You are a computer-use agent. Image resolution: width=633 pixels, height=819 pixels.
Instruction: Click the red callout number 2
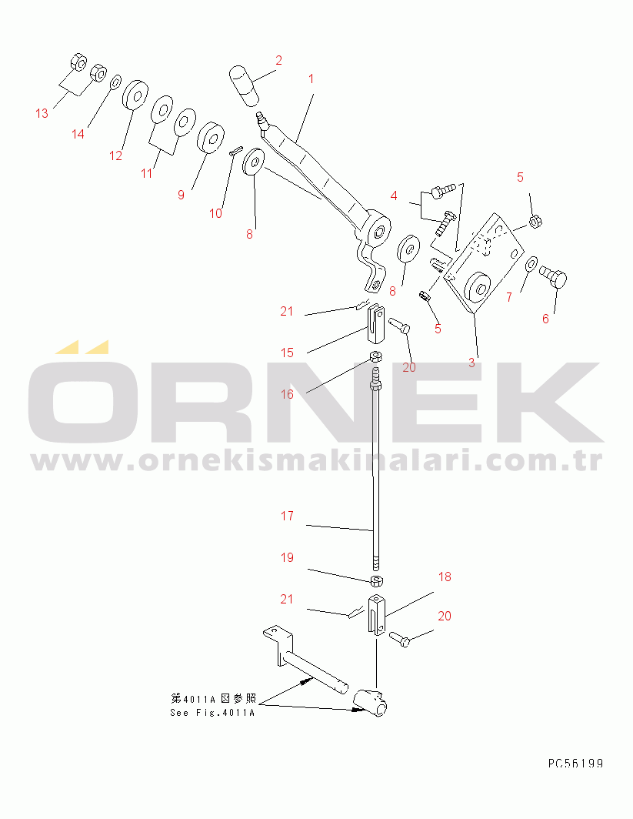(278, 61)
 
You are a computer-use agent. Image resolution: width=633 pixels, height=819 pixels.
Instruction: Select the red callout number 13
(42, 113)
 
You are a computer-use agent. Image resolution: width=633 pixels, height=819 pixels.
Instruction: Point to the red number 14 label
(78, 134)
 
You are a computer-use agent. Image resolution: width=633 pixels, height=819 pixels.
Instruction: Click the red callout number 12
(115, 155)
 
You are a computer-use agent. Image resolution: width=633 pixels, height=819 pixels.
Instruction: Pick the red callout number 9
(181, 195)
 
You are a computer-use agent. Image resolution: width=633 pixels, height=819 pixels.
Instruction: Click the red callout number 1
(311, 79)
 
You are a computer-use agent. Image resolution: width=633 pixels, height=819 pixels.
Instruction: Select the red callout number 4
(394, 196)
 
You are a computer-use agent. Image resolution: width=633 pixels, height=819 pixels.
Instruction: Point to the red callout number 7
(509, 297)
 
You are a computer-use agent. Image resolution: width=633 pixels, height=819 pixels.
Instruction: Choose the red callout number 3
(471, 363)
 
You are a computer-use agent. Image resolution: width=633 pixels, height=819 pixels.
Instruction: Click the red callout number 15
(287, 353)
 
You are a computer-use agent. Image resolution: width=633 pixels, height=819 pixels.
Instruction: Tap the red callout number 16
(287, 394)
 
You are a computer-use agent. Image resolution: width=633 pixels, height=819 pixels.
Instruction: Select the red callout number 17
(287, 516)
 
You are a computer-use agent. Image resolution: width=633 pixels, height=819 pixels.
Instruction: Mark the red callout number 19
(287, 558)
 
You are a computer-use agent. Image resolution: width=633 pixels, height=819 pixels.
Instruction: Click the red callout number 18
(445, 577)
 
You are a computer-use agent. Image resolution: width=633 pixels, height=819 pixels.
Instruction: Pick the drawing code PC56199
(575, 764)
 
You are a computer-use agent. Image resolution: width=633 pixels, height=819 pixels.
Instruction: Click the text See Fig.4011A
(212, 713)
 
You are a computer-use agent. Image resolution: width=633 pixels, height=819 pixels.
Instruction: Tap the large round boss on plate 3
(476, 288)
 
